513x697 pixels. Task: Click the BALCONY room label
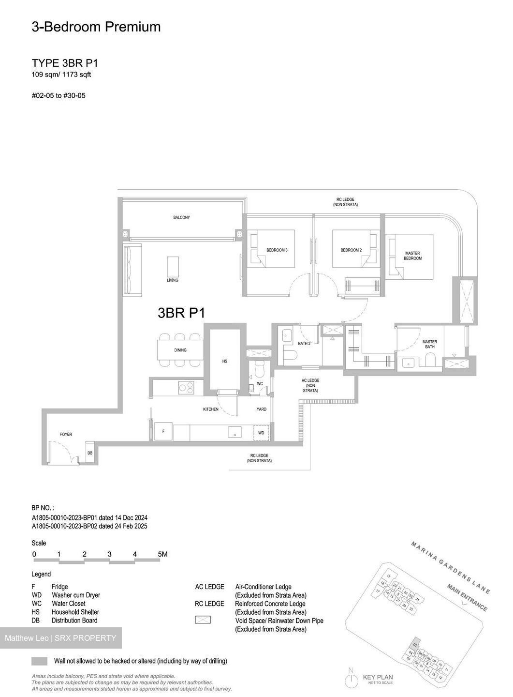pos(182,217)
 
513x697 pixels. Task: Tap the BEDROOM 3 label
pos(277,250)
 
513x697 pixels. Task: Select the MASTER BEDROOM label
pos(412,256)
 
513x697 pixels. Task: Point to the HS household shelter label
pos(225,361)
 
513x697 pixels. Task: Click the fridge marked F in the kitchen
pos(163,431)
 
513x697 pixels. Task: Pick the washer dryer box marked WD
pos(261,433)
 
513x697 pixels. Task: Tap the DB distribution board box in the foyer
pos(89,453)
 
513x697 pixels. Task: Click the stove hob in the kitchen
pos(187,388)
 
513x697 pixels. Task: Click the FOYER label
pos(66,434)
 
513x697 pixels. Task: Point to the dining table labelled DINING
pos(180,350)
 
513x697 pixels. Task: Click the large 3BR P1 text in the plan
pos(181,313)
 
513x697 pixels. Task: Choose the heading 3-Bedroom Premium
pos(96,27)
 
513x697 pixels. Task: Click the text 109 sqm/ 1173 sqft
pos(61,75)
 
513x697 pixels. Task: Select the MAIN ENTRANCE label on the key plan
pos(467,598)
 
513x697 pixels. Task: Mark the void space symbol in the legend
pos(203,620)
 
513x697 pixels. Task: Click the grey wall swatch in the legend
pos(40,661)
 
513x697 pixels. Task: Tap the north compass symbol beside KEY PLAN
pos(350,680)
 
